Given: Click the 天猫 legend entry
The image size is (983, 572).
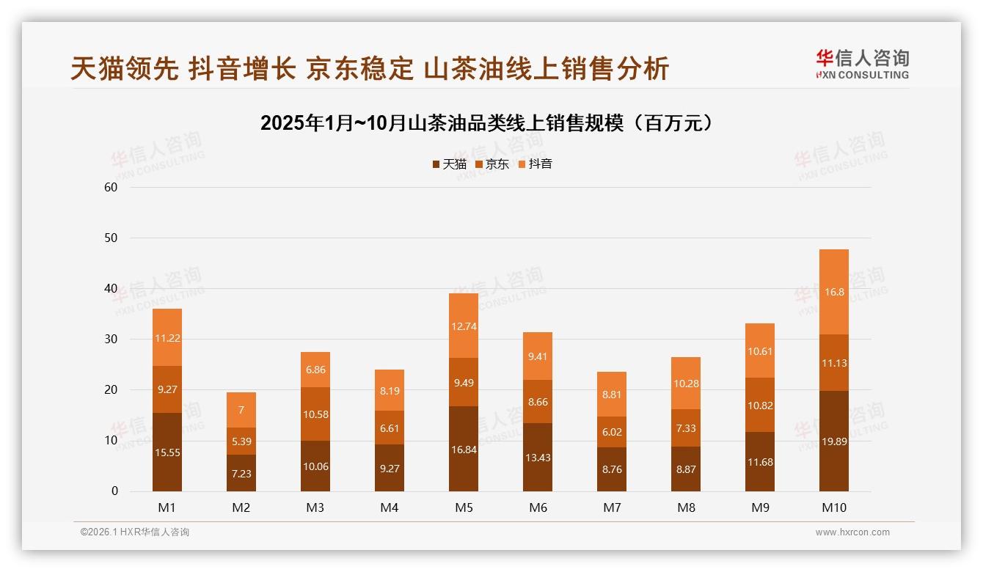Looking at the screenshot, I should [x=450, y=164].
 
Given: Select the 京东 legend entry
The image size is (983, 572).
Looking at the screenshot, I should [x=493, y=164].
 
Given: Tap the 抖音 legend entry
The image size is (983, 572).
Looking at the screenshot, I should [x=536, y=164].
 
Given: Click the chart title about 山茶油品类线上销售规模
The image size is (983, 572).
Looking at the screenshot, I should [x=487, y=123].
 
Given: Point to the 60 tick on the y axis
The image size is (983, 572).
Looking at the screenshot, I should [x=111, y=187].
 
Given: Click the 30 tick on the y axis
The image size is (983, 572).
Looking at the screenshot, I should [x=111, y=340].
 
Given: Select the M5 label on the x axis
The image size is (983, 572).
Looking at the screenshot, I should [x=463, y=507].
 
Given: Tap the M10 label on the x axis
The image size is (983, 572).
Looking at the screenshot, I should [x=833, y=507].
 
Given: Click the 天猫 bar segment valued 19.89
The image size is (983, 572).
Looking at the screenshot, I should [x=833, y=441].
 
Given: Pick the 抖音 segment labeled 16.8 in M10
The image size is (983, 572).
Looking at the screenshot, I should [x=833, y=292].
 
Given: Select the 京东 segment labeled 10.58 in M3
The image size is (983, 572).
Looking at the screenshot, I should [x=315, y=414].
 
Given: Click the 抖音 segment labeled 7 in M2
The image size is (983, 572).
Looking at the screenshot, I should [x=241, y=410].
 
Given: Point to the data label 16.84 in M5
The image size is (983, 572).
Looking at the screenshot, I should [x=463, y=450].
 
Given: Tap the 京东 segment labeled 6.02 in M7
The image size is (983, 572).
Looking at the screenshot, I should [x=611, y=432].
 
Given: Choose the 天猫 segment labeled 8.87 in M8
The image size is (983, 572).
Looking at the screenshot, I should [x=685, y=469].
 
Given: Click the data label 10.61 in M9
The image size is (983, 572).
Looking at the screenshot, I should [x=760, y=351].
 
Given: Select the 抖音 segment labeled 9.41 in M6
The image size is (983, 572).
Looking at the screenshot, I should [x=537, y=356].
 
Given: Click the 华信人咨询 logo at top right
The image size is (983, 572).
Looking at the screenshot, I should [x=862, y=64].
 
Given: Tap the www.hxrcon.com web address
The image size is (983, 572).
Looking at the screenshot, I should [x=852, y=532].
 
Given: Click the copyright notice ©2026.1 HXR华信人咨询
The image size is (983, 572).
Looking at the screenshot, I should [x=134, y=532].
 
